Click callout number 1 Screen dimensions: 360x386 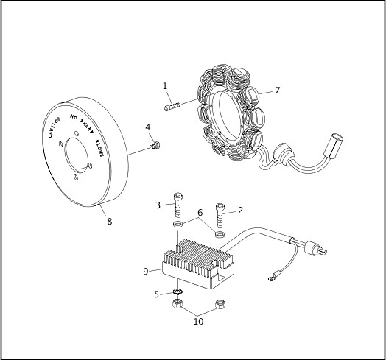point(165,86)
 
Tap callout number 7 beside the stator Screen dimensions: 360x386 point(277,91)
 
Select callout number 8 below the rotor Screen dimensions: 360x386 point(109,219)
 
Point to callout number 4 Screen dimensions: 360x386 point(148,127)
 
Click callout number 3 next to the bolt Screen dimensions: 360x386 point(158,205)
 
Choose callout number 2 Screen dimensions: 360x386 point(240,210)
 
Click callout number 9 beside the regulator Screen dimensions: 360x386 point(146,271)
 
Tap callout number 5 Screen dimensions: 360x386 point(156,294)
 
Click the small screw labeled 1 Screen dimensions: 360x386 point(174,109)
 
